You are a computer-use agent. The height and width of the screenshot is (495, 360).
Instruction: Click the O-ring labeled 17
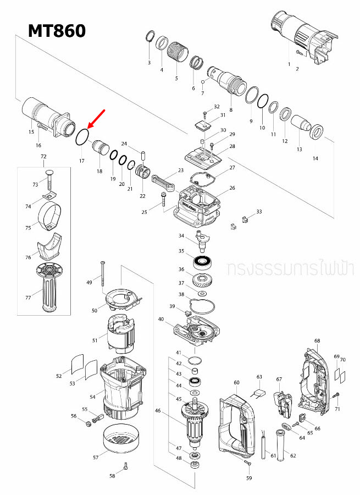pyautogui.click(x=82, y=136)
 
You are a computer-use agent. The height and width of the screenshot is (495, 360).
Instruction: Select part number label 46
pyautogui.click(x=158, y=410)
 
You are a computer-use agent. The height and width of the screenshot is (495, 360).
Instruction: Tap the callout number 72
pyautogui.click(x=44, y=157)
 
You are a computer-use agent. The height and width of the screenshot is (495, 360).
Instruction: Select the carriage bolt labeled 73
pyautogui.click(x=49, y=177)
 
